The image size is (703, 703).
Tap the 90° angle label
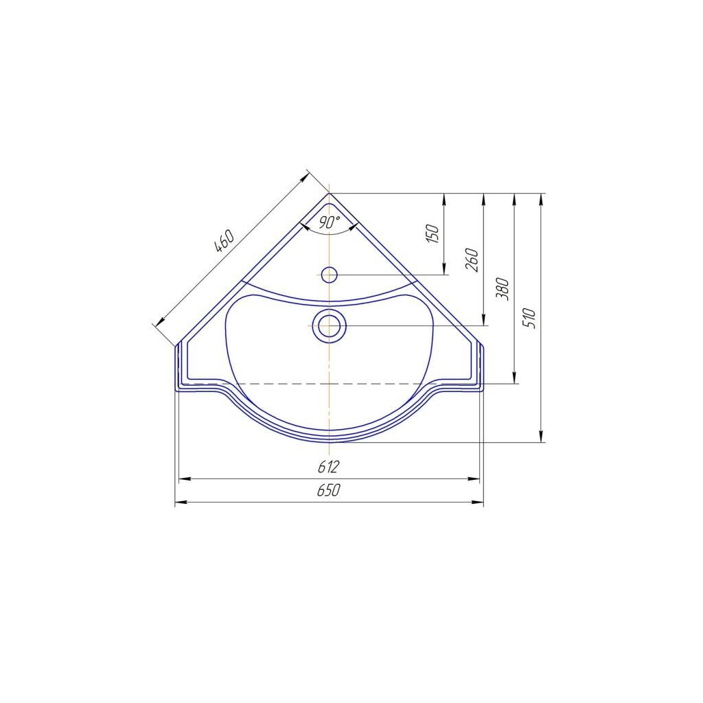[330, 222]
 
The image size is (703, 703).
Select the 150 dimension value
[433, 234]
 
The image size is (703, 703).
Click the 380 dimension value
[503, 289]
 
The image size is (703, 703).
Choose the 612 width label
[328, 467]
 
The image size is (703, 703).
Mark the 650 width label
[329, 490]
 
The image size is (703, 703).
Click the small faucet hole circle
[329, 275]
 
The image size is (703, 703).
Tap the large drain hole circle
[330, 325]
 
